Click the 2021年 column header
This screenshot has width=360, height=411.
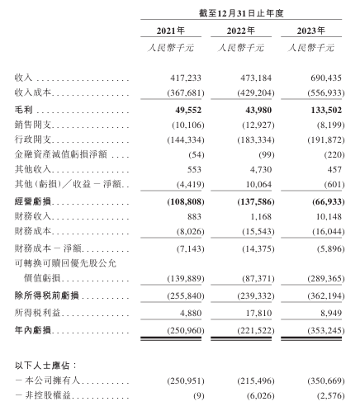(x=171, y=32)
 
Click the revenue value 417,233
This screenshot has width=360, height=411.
(x=173, y=77)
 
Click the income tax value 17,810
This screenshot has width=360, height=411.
(x=243, y=313)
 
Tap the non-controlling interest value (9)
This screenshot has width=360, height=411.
(x=184, y=398)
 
